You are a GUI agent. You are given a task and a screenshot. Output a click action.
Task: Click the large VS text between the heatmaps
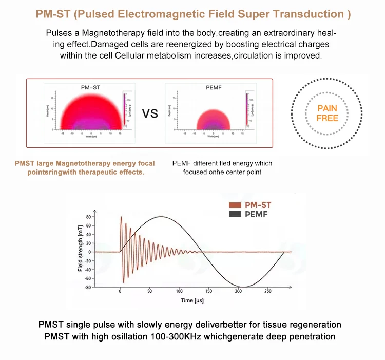(150, 113)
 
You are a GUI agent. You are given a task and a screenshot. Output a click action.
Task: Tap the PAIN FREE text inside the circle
(328, 113)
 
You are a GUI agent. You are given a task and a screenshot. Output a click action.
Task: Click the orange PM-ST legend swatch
(235, 205)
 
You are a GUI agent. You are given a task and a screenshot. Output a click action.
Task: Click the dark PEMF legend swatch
(235, 213)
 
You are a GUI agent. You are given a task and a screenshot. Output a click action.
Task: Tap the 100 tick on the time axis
(179, 291)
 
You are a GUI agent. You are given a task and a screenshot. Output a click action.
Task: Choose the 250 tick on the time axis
(267, 291)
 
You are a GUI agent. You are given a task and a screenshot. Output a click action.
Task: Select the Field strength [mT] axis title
(81, 252)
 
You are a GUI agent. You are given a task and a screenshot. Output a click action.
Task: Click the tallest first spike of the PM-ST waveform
(122, 218)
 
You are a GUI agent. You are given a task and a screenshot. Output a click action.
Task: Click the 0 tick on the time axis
(120, 291)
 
